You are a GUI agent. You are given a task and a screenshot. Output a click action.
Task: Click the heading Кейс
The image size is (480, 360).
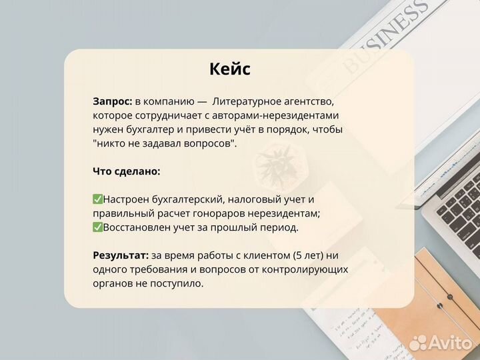pos(230,69)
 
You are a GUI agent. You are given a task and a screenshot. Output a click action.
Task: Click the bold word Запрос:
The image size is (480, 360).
pos(112,102)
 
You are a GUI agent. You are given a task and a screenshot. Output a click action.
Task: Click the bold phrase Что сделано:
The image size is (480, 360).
pos(127,171)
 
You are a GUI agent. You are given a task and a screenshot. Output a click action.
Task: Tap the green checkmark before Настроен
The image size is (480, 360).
pos(97,199)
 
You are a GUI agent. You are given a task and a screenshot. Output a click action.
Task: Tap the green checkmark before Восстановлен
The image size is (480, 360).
pos(97,227)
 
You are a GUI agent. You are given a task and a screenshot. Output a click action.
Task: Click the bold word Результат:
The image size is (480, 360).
pos(121,255)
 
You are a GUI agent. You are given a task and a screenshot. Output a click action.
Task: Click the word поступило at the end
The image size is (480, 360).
pos(179,283)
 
